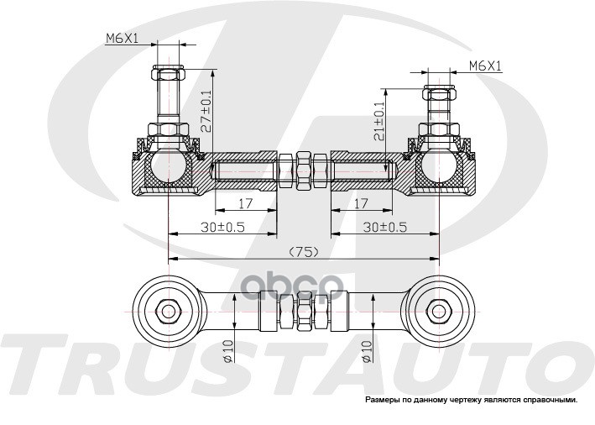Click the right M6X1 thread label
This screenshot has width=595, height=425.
pos(486,65)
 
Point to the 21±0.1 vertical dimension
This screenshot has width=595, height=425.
pos(379,120)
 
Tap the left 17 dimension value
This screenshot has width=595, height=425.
pos(246,203)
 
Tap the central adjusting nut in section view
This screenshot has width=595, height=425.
pos(303,169)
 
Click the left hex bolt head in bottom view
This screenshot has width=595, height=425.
pos(167,309)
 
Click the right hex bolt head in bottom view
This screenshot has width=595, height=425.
pos(437,309)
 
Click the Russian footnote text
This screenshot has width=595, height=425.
pos(471,400)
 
